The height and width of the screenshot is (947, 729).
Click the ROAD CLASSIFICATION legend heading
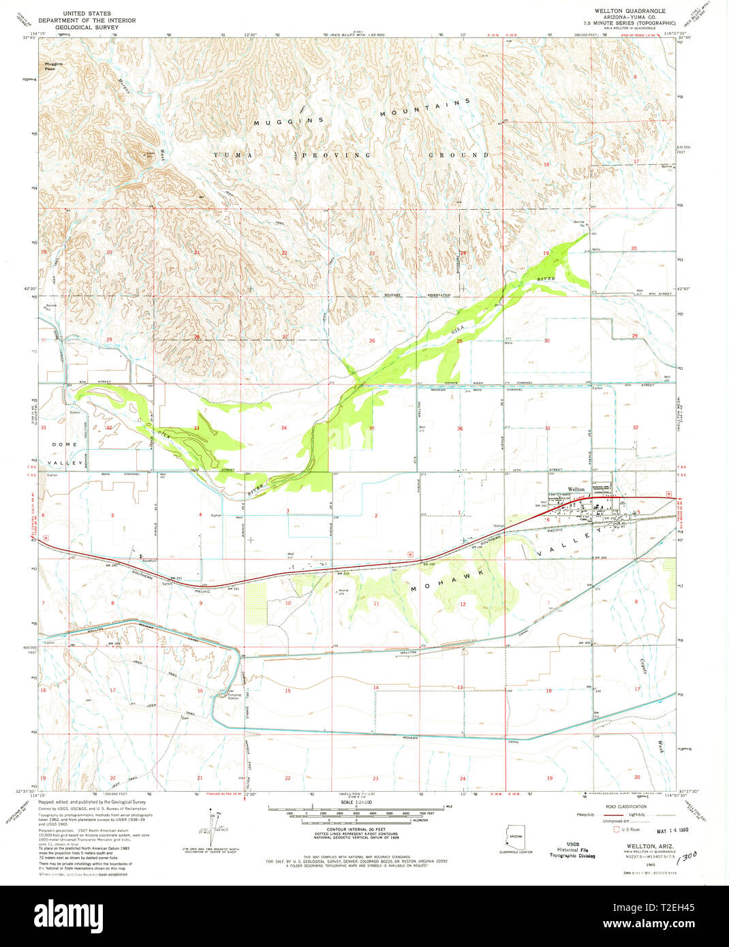(625, 805)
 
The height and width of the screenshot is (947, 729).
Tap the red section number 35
(371, 429)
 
